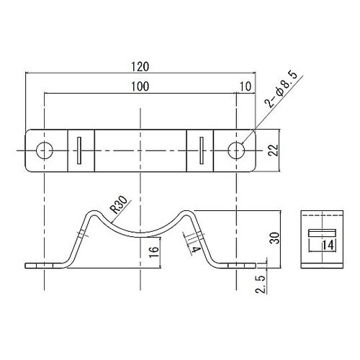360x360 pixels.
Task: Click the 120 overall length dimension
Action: tap(140, 66)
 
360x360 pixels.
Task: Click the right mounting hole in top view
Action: tap(236, 150)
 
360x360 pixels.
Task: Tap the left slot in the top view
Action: tap(81, 150)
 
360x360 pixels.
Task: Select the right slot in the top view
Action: tap(200, 150)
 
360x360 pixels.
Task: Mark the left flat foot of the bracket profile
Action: tap(43, 266)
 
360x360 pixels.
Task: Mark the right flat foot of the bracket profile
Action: tap(238, 266)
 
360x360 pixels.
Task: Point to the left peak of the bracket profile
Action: tap(92, 212)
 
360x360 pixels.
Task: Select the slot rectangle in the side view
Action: tap(322, 233)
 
